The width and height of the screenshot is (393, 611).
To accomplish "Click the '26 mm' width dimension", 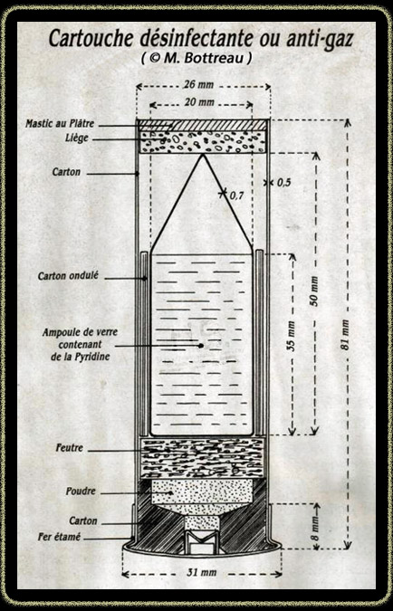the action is tap(199, 84).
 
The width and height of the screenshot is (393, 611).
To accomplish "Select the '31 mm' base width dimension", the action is tap(202, 573).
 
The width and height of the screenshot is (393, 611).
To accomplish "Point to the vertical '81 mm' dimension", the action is tap(345, 335).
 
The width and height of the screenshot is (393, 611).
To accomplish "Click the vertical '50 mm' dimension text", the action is tap(314, 291).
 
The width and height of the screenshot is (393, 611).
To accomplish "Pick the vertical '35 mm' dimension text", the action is tap(291, 336).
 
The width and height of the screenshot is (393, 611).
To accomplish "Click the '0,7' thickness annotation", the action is tap(236, 196).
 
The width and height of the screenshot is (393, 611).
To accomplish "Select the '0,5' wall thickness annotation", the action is tap(284, 182).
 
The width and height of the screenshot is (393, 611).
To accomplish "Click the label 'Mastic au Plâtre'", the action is tap(60, 124).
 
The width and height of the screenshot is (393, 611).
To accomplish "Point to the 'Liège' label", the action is tap(77, 138).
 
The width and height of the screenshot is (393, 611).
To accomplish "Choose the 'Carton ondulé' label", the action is tap(68, 276).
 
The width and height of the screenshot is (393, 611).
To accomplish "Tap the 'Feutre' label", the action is tap(70, 448).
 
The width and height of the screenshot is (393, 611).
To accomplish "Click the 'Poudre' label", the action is tap(81, 491).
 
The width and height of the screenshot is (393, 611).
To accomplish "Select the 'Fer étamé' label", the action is tap(59, 537).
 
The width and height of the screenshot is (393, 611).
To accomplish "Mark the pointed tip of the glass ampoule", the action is tap(202, 155).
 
